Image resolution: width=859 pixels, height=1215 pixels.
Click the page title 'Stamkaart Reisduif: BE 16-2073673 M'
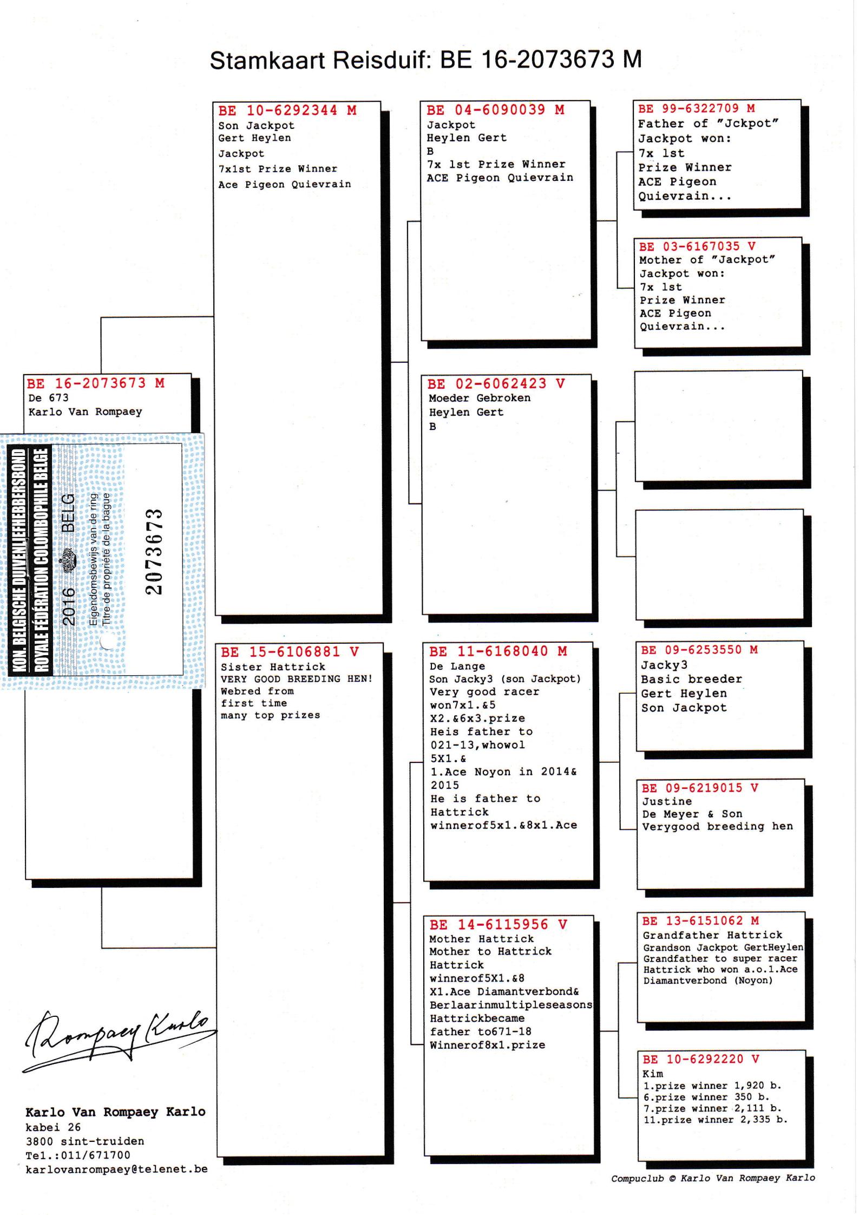(425, 60)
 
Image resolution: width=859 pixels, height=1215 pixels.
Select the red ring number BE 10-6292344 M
(287, 110)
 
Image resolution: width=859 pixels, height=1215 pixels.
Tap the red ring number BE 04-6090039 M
(495, 110)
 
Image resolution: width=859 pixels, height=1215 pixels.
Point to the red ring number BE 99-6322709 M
(697, 109)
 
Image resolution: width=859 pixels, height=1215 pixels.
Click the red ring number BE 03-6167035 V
(697, 246)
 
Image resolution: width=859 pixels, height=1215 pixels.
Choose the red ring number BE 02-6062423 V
(496, 384)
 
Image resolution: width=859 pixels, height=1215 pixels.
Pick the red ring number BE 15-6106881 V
(290, 652)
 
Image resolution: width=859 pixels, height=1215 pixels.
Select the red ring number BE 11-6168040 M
(498, 651)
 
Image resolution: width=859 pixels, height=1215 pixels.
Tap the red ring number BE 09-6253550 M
(699, 650)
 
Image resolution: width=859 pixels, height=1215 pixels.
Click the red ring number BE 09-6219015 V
(699, 788)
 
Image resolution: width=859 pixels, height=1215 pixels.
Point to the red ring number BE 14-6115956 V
(498, 925)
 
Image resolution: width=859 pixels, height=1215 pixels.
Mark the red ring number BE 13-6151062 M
(700, 921)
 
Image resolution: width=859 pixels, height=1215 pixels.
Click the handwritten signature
(116, 1037)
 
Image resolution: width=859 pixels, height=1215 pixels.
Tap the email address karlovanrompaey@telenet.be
(116, 1169)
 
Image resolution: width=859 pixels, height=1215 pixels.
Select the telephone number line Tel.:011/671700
(78, 1155)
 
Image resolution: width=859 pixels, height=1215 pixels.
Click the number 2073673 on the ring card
(154, 551)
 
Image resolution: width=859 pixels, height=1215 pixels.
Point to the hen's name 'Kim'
(653, 1074)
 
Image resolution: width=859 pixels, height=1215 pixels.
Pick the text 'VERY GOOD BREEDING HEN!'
(297, 679)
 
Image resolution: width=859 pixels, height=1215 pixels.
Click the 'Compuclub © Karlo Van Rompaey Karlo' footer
(713, 1178)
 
